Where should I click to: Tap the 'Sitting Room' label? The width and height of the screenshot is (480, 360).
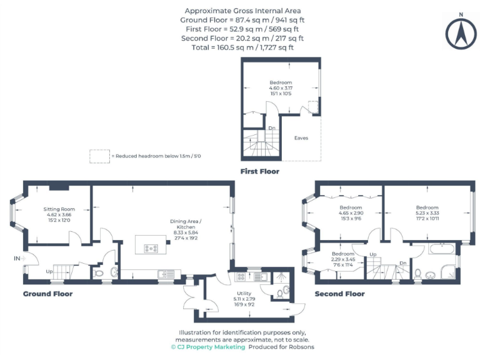click(59, 209)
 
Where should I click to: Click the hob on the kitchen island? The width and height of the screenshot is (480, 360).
click(151, 248)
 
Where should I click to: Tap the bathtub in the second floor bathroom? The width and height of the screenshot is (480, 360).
click(442, 249)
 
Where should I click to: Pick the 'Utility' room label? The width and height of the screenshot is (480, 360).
click(244, 293)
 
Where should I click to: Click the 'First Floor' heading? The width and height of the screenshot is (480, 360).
click(259, 171)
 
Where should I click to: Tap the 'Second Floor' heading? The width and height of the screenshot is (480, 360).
click(339, 294)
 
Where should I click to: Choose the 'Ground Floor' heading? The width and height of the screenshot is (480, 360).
click(47, 294)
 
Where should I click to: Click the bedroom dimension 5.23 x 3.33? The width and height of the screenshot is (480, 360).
click(427, 213)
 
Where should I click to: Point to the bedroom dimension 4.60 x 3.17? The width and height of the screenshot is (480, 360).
click(281, 88)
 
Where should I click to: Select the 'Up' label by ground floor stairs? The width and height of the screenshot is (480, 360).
click(49, 272)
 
